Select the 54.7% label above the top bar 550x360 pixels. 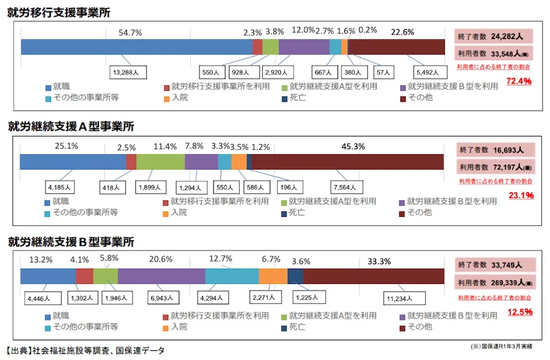[x=130, y=32]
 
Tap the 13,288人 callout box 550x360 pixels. [x=127, y=72]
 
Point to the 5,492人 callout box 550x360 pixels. [x=427, y=72]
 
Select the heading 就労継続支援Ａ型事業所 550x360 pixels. [x=71, y=127]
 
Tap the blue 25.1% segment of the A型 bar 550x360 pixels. [x=73, y=162]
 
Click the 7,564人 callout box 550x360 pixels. [x=346, y=187]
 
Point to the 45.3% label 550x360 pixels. [x=354, y=146]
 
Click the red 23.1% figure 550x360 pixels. [x=520, y=195]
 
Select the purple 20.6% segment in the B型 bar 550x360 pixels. [x=161, y=276]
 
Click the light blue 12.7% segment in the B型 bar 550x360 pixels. [x=232, y=276]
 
